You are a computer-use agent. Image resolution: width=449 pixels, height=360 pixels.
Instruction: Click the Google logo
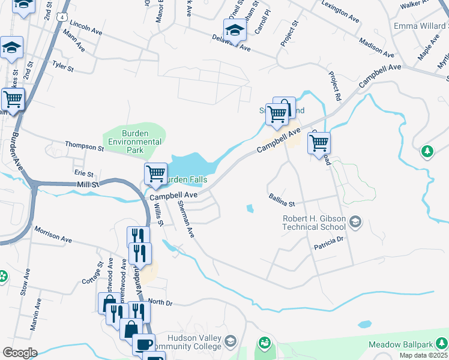(x=19, y=353)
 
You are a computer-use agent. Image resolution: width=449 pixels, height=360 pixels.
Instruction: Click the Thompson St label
(x=84, y=146)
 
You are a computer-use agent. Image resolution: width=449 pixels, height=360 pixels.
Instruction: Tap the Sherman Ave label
(x=185, y=218)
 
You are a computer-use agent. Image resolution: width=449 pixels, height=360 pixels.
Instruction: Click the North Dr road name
(x=160, y=303)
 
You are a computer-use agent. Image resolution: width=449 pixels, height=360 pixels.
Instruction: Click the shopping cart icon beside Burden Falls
(x=156, y=174)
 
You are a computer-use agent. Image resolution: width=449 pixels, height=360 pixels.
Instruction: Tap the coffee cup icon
(x=143, y=344)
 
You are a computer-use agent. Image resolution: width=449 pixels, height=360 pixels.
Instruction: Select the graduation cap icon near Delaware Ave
(x=235, y=30)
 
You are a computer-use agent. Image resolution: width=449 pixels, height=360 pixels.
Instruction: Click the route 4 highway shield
(x=62, y=17)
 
